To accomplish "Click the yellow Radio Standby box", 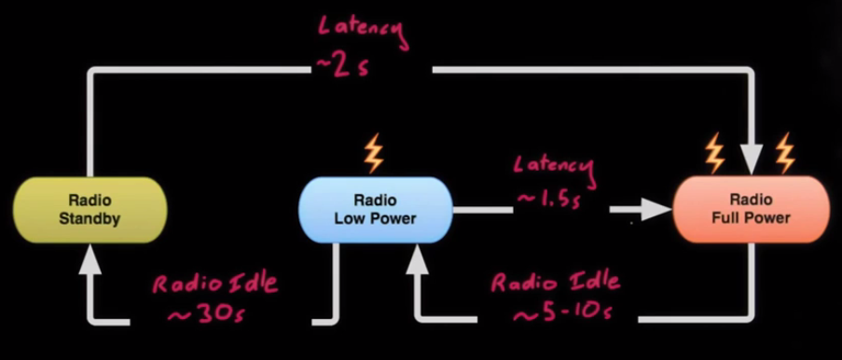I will [x=91, y=210].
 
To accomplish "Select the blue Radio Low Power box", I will [x=375, y=210].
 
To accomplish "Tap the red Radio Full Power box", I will [x=751, y=210].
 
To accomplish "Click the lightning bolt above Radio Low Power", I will [x=374, y=154].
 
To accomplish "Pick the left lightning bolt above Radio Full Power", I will [x=714, y=153].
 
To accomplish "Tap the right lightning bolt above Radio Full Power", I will [x=786, y=153].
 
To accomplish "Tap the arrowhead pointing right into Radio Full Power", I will [x=656, y=212].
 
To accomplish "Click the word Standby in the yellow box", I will [x=91, y=218].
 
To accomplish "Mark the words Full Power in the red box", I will [x=751, y=218].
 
